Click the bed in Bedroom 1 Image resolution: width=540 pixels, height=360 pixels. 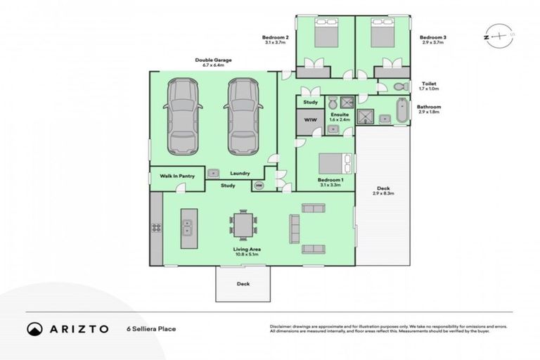pyautogui.click(x=333, y=163)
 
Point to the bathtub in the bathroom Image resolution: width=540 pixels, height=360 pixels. pyautogui.click(x=401, y=112)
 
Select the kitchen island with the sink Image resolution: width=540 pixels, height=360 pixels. pyautogui.click(x=188, y=227)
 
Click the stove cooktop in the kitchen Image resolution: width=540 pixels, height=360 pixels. pyautogui.click(x=156, y=227)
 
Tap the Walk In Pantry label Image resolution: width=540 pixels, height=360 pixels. pyautogui.click(x=176, y=175)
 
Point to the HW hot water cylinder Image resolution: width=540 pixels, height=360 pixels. pyautogui.click(x=259, y=186)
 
